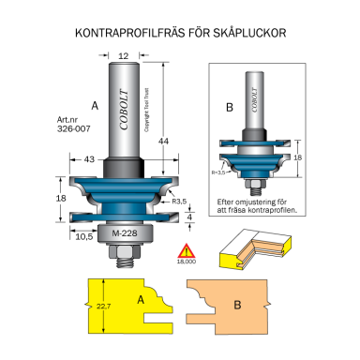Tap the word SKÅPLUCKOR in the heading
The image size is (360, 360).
[247, 34]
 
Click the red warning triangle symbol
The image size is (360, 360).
[213, 251]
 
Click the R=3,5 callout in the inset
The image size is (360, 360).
[217, 173]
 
